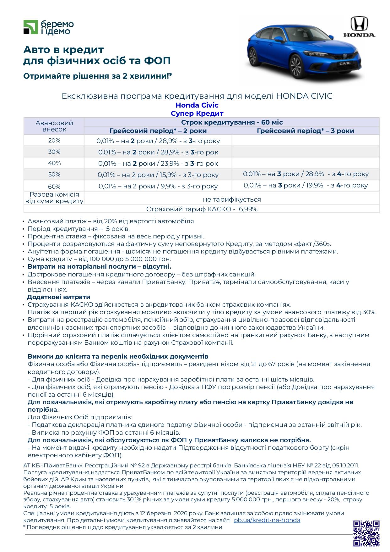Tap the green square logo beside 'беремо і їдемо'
pos(30,27)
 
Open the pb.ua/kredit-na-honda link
pos(267,520)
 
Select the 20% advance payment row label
pos(54,141)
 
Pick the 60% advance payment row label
pos(54,186)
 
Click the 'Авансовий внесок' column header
pos(54,126)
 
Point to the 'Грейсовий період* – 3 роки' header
pos(305,131)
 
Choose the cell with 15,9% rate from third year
pos(158,175)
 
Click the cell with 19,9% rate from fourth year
pos(306,185)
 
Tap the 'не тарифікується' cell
pos(232,199)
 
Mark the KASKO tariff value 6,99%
pos(248,209)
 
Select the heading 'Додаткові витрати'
pos(59,297)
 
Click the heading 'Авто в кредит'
pos(63,50)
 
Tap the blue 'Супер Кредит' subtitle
pos(197,113)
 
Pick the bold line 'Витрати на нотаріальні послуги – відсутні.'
pos(99,267)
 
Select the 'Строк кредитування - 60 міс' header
pos(232,122)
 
